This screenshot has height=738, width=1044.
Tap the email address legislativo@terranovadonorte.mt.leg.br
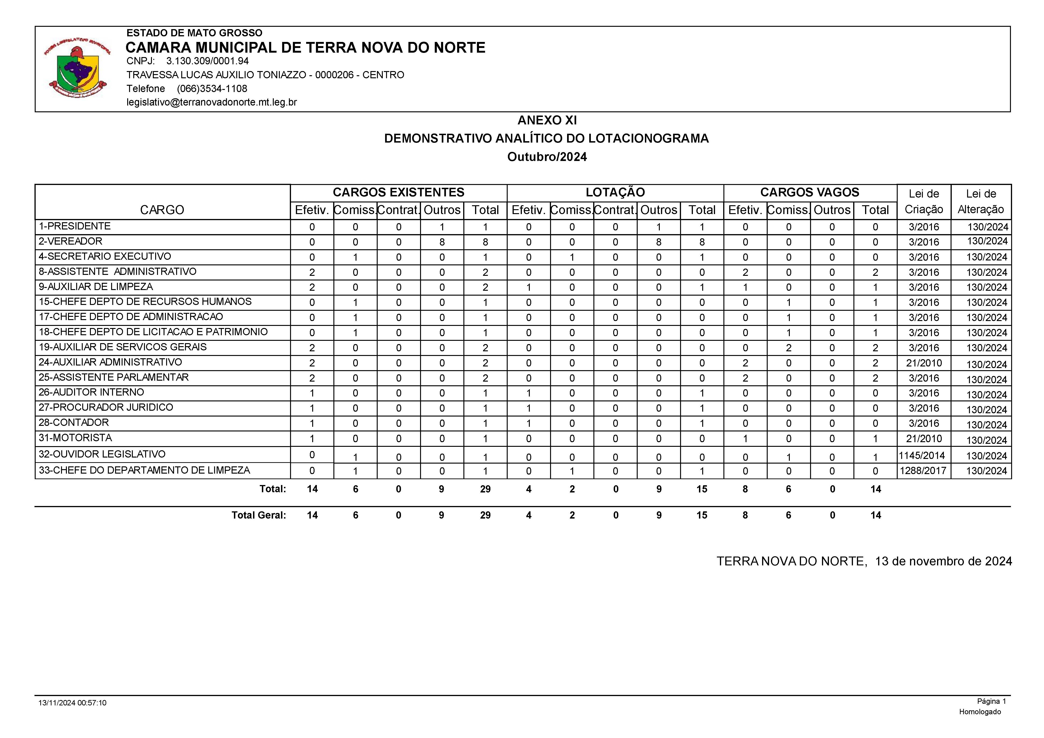point(212,102)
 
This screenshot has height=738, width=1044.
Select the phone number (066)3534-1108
point(212,89)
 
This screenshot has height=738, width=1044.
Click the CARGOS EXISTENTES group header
point(398,192)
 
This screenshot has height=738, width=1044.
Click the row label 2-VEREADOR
point(71,241)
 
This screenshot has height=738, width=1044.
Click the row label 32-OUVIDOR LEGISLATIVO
point(102,454)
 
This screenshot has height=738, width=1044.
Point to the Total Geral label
point(258,515)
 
